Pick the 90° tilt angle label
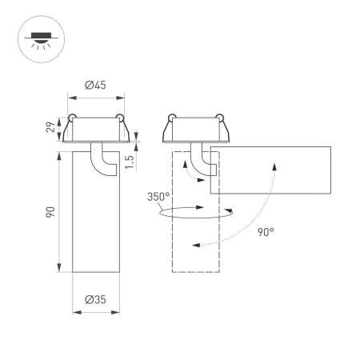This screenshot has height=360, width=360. [266, 232]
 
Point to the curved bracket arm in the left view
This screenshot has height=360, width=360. [101, 160]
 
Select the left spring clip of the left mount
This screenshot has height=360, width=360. [72, 121]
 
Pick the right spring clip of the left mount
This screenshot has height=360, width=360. [121, 121]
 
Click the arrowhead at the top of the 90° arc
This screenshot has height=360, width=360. [274, 164]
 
